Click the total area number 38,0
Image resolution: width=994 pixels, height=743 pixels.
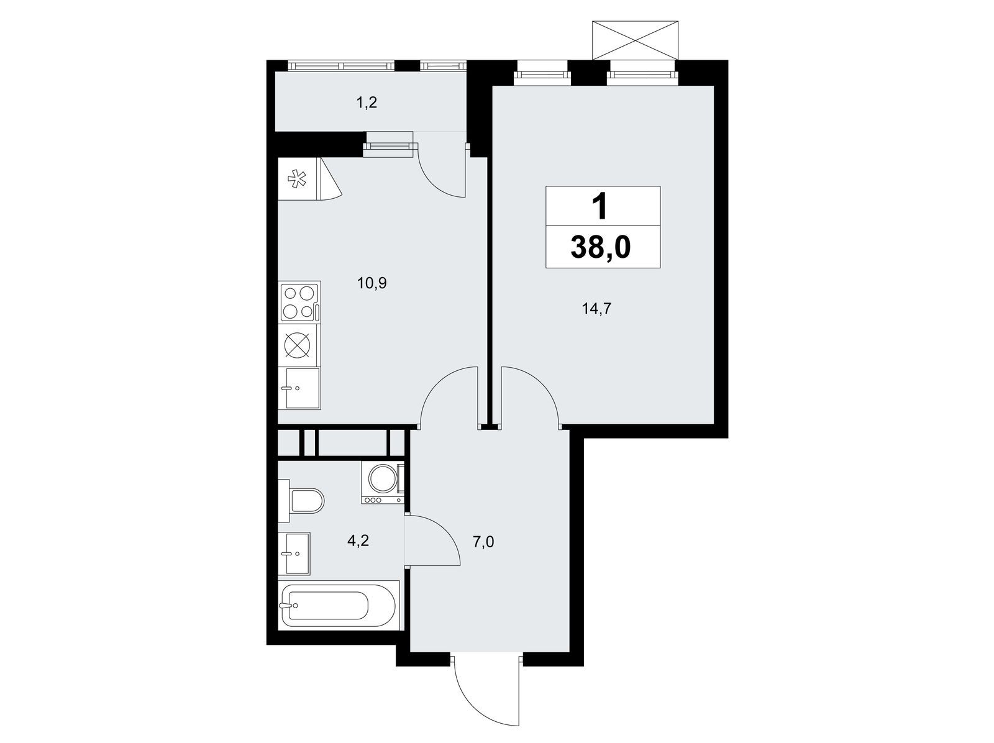601,247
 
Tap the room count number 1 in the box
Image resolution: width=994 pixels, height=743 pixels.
600,207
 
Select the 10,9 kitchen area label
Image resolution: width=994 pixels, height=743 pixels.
372,283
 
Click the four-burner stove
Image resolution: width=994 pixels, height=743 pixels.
300,301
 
